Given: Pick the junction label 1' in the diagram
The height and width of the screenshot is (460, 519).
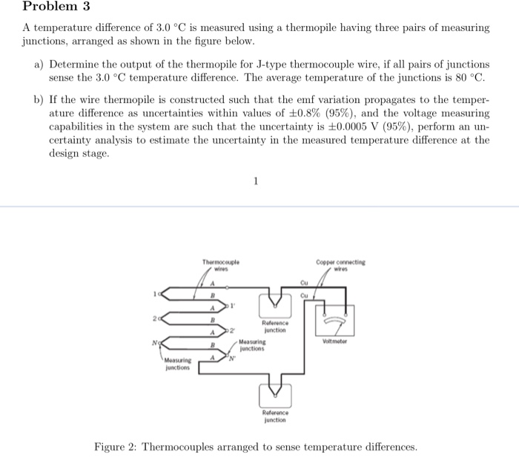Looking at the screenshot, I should coord(231,305).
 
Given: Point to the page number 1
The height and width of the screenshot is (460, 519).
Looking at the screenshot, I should coord(256,180).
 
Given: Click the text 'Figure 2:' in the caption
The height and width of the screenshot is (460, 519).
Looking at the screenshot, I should coord(116,447).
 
